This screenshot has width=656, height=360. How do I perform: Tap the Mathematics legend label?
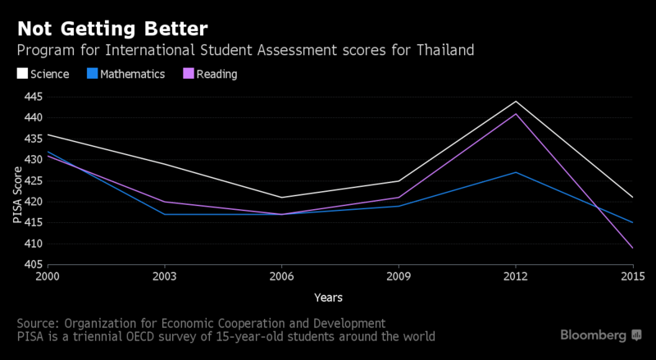click(x=133, y=74)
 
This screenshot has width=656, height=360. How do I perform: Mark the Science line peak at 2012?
click(x=516, y=102)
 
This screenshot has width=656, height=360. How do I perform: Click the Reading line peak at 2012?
click(x=516, y=114)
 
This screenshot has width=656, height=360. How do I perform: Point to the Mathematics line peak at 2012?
click(x=516, y=172)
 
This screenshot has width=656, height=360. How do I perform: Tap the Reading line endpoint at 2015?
click(x=632, y=248)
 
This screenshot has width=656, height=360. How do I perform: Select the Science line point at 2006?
click(x=281, y=198)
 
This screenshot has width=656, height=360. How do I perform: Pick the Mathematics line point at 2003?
click(x=165, y=214)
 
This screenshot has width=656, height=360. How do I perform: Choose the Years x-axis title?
click(x=327, y=297)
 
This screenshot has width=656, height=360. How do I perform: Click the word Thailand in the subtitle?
click(x=446, y=51)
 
